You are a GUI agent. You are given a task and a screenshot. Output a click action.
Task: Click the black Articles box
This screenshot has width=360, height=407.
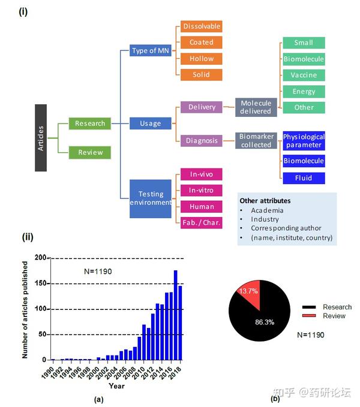[41, 137]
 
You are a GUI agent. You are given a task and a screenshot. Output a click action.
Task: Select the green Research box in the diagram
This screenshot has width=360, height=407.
[90, 123]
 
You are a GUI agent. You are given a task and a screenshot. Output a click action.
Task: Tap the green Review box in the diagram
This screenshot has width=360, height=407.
[90, 152]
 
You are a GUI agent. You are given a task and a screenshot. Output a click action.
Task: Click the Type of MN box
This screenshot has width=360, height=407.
[151, 50]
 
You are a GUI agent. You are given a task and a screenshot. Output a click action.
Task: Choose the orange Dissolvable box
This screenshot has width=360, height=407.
[202, 26]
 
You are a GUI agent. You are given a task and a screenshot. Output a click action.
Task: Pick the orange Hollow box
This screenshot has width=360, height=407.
[202, 59]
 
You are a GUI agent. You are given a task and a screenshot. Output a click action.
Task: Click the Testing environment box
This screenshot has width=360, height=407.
[151, 198]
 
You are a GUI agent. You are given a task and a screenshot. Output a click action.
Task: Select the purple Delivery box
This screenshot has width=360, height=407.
[202, 107]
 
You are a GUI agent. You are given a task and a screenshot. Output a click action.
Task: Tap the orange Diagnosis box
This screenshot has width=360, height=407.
[202, 141]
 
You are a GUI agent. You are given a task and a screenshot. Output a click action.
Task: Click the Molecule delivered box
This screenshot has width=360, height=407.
[256, 107]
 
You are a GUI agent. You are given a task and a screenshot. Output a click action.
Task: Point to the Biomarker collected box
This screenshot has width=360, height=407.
[256, 141]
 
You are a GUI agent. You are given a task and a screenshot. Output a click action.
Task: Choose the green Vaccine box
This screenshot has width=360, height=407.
[304, 75]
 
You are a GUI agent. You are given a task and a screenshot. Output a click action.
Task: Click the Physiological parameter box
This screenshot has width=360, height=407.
[304, 141]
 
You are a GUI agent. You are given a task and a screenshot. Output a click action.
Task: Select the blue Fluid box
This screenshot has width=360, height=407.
[304, 178]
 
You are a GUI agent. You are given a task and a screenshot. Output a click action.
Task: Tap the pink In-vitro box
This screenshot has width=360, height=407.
[202, 190]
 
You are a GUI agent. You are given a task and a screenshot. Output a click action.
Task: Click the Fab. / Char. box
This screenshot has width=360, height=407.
[202, 223]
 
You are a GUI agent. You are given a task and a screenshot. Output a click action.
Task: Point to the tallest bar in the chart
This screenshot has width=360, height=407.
[176, 315]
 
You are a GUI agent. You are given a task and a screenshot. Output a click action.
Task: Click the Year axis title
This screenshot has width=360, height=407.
[116, 386]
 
